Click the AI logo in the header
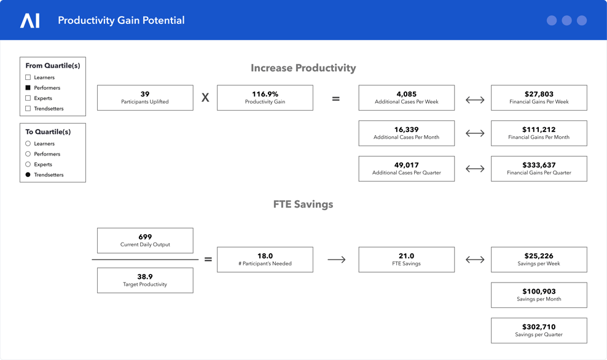[x=30, y=20]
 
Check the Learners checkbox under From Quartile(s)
[x=28, y=77]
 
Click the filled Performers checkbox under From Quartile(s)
[x=28, y=88]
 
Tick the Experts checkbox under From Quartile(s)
[x=28, y=98]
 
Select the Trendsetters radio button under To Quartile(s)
[x=28, y=174]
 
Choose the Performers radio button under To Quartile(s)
[x=28, y=154]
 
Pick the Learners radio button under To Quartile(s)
[x=28, y=144]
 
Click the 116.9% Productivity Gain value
[x=265, y=94]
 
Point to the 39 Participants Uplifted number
[x=145, y=94]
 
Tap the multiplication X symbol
[x=205, y=98]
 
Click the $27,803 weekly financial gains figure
[x=539, y=94]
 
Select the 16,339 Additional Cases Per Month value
[x=407, y=130]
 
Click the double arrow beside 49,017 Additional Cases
[x=475, y=169]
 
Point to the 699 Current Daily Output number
[x=145, y=237]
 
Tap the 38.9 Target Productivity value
[x=145, y=277]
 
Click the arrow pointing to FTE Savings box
[x=337, y=260]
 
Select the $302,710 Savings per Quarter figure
[x=539, y=327]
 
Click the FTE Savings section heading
[x=303, y=205]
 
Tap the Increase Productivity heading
[x=303, y=68]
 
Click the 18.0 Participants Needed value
[x=265, y=256]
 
